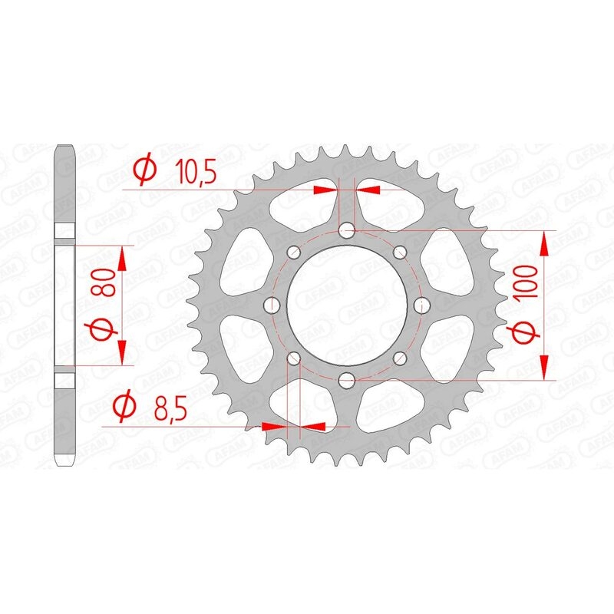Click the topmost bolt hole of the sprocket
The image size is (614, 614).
pyautogui.click(x=347, y=229)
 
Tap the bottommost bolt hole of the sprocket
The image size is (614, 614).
pyautogui.click(x=347, y=378)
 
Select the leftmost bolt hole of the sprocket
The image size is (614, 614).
pyautogui.click(x=272, y=305)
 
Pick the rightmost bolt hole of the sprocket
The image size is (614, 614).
pyautogui.click(x=421, y=305)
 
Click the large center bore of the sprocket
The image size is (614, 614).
pyautogui.click(x=347, y=305)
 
